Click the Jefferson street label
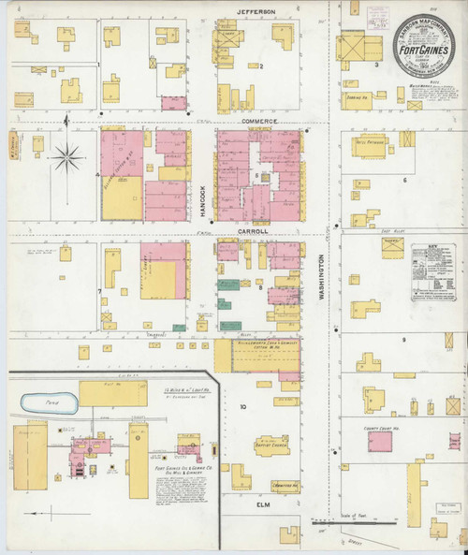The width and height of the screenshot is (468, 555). [255, 11]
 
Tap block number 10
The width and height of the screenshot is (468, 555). [242, 407]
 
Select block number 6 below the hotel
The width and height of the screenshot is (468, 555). [404, 180]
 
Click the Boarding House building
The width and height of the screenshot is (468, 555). [365, 96]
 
